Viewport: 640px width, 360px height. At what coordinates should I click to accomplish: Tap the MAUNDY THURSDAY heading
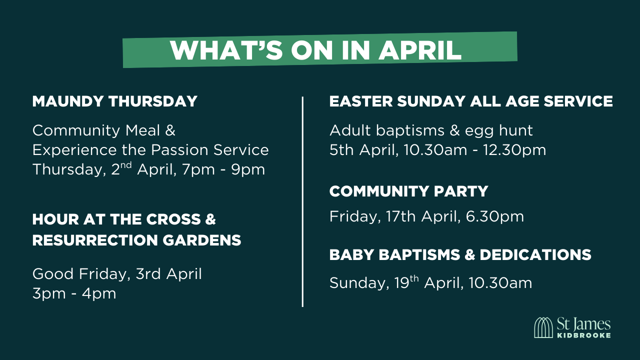114,101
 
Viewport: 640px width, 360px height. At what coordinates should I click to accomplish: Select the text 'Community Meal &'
104,130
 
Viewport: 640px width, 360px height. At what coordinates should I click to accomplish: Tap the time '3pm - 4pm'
74,293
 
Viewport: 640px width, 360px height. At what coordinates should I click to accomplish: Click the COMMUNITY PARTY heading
408,191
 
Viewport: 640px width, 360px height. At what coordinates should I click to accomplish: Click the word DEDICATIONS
535,254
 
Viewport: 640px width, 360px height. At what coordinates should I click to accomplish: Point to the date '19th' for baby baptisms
406,283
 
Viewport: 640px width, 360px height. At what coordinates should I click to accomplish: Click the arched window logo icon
543,327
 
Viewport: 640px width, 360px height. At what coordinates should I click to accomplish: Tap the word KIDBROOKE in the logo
583,335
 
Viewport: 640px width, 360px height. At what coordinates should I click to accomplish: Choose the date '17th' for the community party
403,216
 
